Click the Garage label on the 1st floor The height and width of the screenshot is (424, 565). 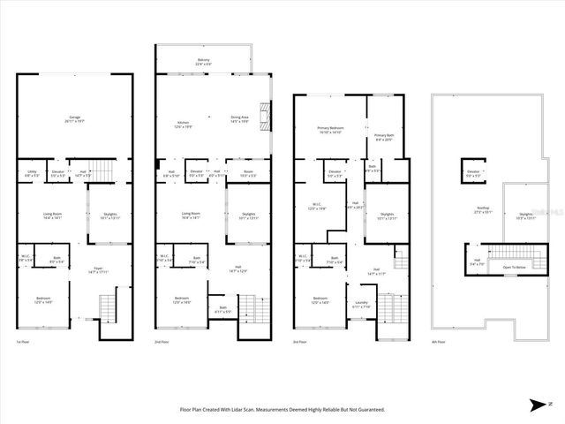point(75,118)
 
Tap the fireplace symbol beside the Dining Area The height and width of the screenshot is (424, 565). point(271,116)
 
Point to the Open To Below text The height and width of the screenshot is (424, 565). point(515,266)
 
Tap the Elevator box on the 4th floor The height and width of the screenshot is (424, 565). point(472,174)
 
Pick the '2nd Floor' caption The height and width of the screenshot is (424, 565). point(162,341)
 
